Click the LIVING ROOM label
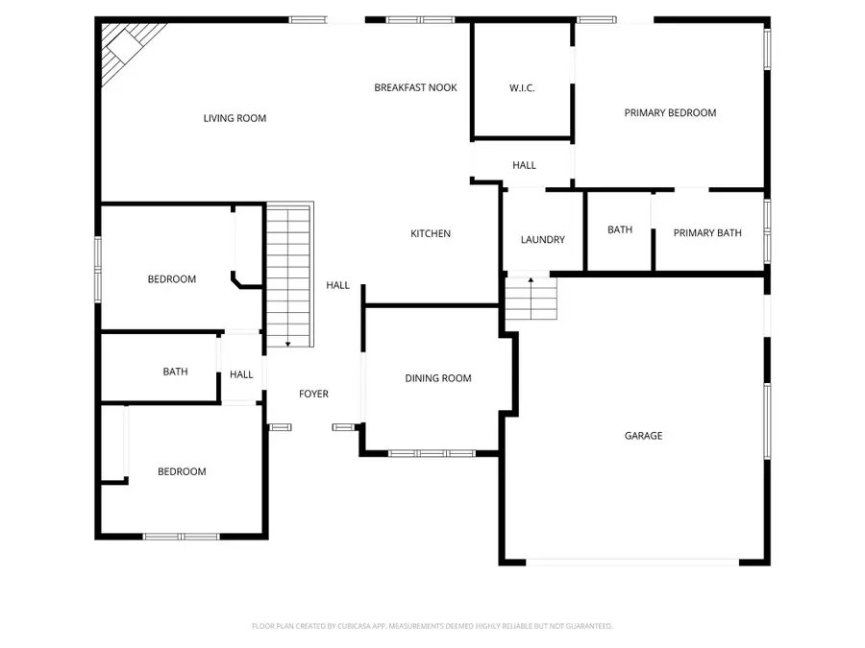(x=235, y=118)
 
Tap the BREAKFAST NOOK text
(x=415, y=87)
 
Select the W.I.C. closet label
(x=522, y=88)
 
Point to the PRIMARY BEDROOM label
(x=670, y=112)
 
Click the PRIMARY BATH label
(x=707, y=232)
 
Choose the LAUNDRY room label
(x=542, y=239)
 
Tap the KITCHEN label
(x=431, y=233)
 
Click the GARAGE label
(x=643, y=435)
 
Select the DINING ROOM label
(x=438, y=378)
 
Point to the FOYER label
(x=313, y=394)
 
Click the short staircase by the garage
(x=531, y=299)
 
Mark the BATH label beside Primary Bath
(x=620, y=229)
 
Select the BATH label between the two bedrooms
(x=175, y=372)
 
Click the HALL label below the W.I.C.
(x=524, y=165)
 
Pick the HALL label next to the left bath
(x=241, y=374)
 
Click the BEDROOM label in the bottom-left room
(x=182, y=471)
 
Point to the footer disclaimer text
(x=432, y=626)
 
